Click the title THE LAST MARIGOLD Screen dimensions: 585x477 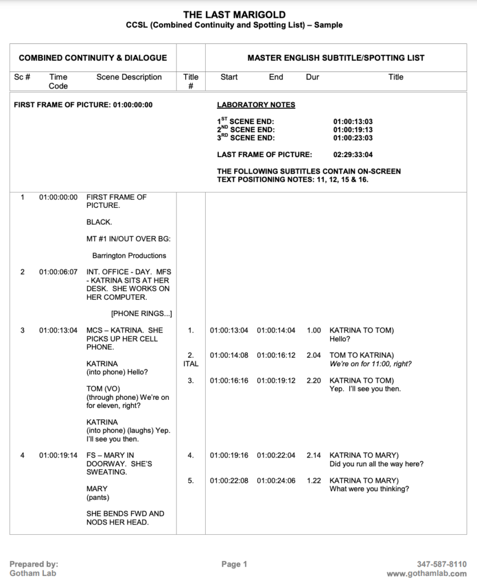tap(234, 15)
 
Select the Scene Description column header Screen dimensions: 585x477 tap(129, 77)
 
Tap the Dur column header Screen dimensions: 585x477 tap(312, 77)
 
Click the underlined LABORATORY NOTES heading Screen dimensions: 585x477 tap(256, 105)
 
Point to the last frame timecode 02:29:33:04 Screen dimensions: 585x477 tap(353, 154)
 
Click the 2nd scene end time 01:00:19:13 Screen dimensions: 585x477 tap(353, 130)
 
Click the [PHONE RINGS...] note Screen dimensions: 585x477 tap(141, 314)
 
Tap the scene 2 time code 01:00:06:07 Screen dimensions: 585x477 tap(58, 272)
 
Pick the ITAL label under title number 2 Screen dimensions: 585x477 tap(191, 364)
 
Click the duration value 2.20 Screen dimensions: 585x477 tap(314, 380)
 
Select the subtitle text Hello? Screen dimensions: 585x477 tap(341, 339)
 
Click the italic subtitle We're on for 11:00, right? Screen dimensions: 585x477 tap(370, 364)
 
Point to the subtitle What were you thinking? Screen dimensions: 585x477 tap(369, 489)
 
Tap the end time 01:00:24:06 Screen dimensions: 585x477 tap(276, 481)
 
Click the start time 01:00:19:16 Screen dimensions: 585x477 tap(229, 455)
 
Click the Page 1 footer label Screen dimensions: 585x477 tap(234, 564)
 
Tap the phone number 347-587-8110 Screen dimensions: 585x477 tap(442, 564)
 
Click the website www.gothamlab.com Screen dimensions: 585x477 tap(426, 574)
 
